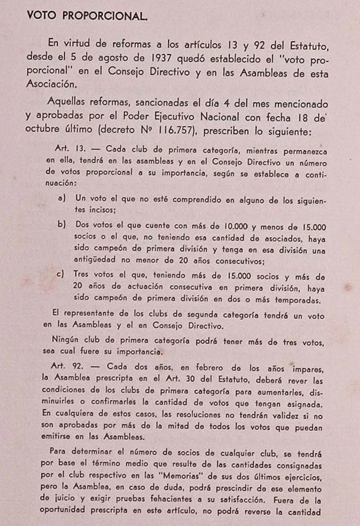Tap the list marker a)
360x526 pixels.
pyautogui.click(x=62, y=202)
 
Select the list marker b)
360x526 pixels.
pyautogui.click(x=62, y=224)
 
